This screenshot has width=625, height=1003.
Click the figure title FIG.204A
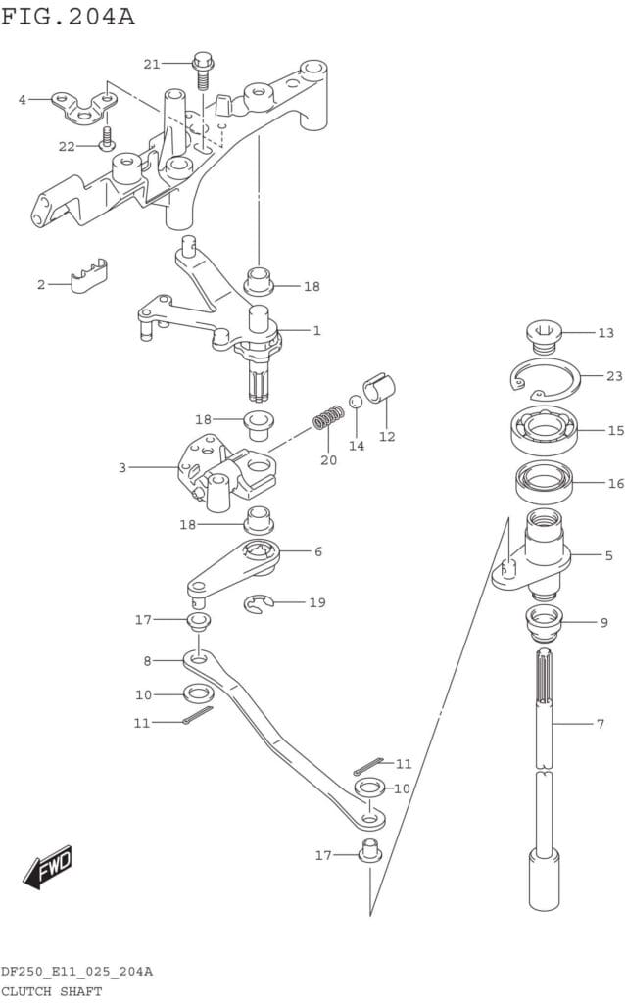click(68, 16)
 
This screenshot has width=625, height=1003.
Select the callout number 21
click(151, 64)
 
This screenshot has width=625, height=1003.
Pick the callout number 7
click(601, 724)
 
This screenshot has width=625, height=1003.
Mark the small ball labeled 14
click(356, 403)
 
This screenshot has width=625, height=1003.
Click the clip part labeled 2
click(89, 277)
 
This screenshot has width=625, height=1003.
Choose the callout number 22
click(67, 146)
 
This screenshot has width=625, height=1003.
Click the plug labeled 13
click(543, 336)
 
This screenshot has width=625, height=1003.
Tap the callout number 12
click(387, 436)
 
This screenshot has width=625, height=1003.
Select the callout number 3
click(122, 468)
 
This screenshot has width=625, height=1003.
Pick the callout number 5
click(608, 555)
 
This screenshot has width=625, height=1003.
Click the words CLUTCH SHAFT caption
click(51, 991)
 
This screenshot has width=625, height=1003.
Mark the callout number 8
click(147, 661)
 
